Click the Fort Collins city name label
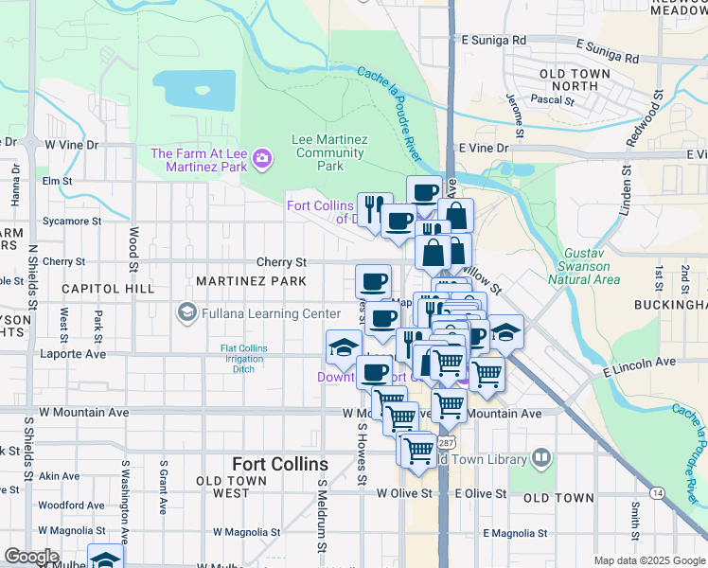[x=280, y=464]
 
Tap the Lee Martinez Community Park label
[x=329, y=152]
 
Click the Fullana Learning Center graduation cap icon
[x=186, y=312]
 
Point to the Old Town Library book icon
[x=540, y=459]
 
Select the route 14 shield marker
[x=657, y=492]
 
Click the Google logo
[x=31, y=556]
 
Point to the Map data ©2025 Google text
[x=648, y=560]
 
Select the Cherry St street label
[x=281, y=262]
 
